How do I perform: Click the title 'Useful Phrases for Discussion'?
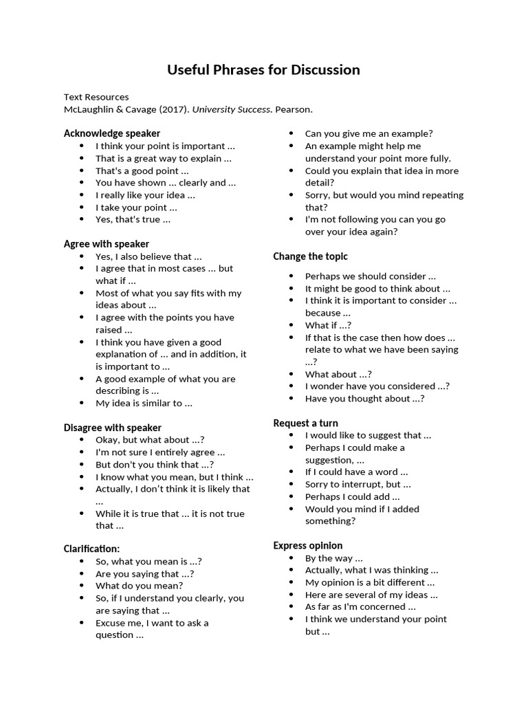pyautogui.click(x=263, y=69)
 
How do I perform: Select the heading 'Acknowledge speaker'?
pyautogui.click(x=112, y=133)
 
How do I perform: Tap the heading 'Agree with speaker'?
pyautogui.click(x=107, y=244)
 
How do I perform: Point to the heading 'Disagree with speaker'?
pyautogui.click(x=113, y=428)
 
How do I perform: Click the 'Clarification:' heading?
pyautogui.click(x=91, y=549)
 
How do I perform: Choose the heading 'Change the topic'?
pyautogui.click(x=310, y=256)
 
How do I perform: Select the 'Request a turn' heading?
pyautogui.click(x=305, y=423)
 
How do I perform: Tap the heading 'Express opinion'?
pyautogui.click(x=307, y=546)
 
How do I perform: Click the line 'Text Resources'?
pyautogui.click(x=96, y=97)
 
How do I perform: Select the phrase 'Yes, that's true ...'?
pyautogui.click(x=133, y=219)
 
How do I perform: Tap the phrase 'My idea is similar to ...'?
pyautogui.click(x=144, y=403)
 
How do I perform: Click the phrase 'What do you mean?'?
pyautogui.click(x=139, y=586)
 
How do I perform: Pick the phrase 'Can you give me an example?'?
pyautogui.click(x=368, y=133)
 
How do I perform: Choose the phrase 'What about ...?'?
pyautogui.click(x=338, y=374)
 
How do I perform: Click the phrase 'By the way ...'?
pyautogui.click(x=333, y=558)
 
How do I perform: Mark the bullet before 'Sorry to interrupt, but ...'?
pyautogui.click(x=291, y=485)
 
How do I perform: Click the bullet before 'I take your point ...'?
pyautogui.click(x=82, y=208)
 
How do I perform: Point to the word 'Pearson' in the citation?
pyautogui.click(x=293, y=109)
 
